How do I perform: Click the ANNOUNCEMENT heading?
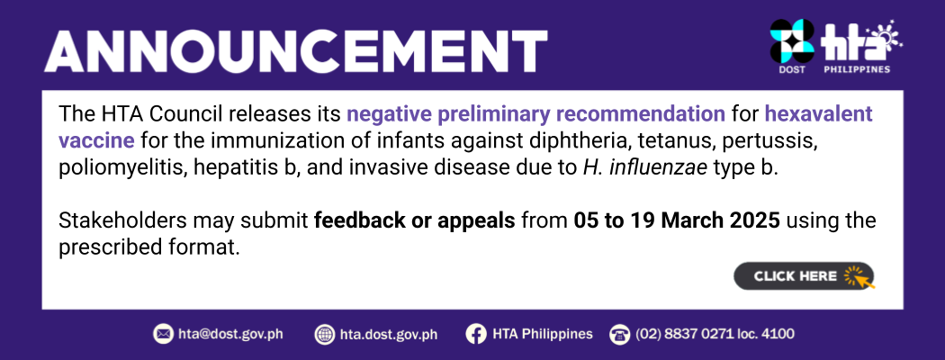pyautogui.click(x=295, y=50)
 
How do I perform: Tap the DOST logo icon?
pyautogui.click(x=792, y=41)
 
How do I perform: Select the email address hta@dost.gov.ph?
pyautogui.click(x=230, y=334)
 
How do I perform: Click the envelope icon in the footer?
pyautogui.click(x=163, y=334)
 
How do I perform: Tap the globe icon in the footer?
pyautogui.click(x=325, y=334)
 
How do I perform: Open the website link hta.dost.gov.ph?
pyautogui.click(x=389, y=334)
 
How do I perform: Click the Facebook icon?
pyautogui.click(x=476, y=334)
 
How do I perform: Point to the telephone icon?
pyautogui.click(x=619, y=334)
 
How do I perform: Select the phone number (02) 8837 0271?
pyautogui.click(x=683, y=334)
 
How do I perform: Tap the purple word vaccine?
pyautogui.click(x=96, y=140)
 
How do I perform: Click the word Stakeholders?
pyautogui.click(x=122, y=220)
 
